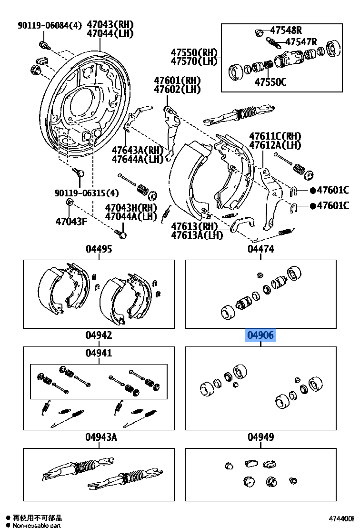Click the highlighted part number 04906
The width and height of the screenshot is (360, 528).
point(260,335)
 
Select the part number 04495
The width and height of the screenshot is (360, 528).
point(99,249)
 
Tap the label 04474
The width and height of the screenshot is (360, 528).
point(260,249)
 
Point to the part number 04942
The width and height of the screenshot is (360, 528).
point(99,335)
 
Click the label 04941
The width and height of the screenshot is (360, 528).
point(99,353)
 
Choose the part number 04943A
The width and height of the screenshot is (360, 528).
point(101,437)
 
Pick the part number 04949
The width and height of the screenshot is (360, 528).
point(260,437)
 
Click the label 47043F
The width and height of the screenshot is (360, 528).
point(71,221)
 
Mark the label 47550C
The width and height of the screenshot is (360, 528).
point(270,82)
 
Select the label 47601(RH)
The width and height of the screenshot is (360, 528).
point(177,81)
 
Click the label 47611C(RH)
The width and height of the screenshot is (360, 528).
point(275,136)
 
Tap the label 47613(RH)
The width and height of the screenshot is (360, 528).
point(194,226)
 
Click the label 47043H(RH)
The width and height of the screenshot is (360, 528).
point(131,208)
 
